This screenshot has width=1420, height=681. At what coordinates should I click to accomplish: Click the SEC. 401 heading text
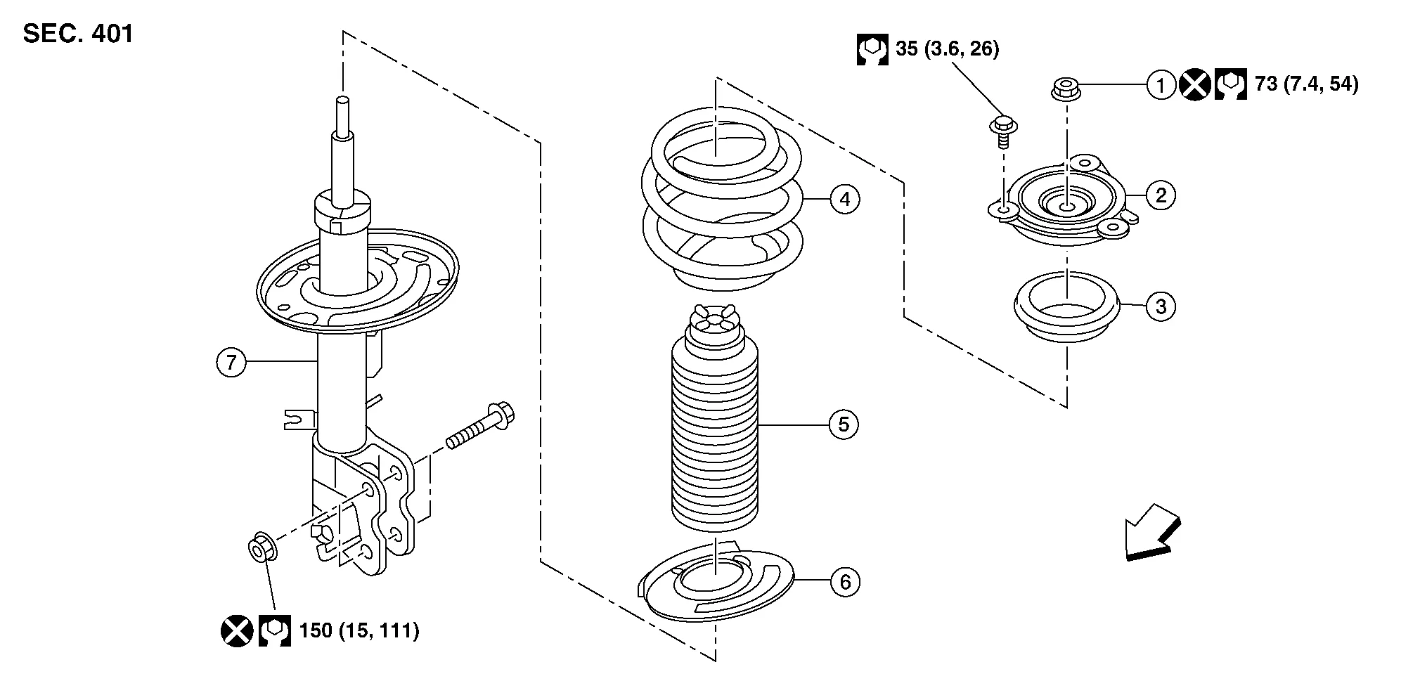pyautogui.click(x=78, y=34)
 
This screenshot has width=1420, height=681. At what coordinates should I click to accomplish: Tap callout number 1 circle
pyautogui.click(x=1161, y=85)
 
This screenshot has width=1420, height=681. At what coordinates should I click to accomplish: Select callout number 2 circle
pyautogui.click(x=1161, y=195)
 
